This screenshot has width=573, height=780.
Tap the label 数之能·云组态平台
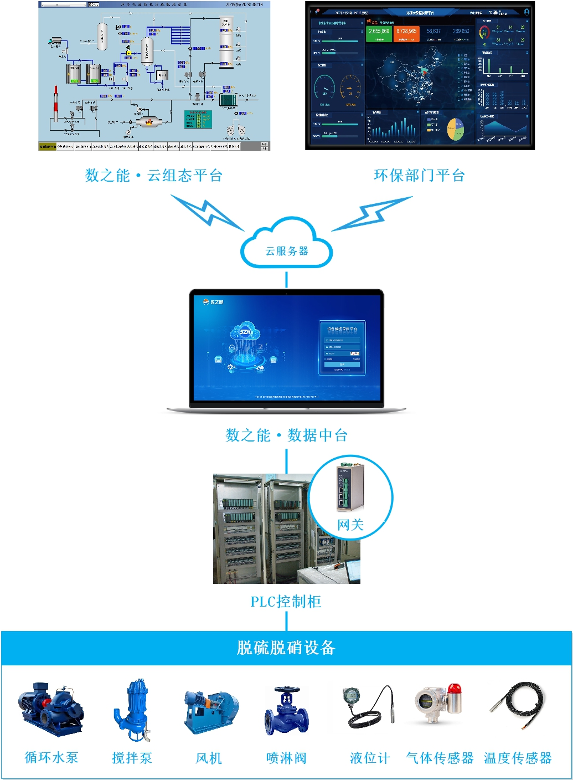pos(153,176)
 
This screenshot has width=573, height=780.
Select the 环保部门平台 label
pos(419,176)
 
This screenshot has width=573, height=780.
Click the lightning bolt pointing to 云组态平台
pos(207,213)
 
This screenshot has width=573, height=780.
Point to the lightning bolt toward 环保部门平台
pos(371,214)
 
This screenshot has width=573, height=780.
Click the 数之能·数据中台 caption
pos(286,435)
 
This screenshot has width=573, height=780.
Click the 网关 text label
pos(350,525)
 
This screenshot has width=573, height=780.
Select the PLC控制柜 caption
pos(286,602)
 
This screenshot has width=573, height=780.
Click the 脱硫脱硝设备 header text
pos(286,648)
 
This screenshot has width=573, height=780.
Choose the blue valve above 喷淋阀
pos(286,712)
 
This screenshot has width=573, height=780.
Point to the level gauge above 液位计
pos(368,706)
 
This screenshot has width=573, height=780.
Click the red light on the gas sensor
pos(455,689)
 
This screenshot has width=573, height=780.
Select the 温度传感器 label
pos(518,758)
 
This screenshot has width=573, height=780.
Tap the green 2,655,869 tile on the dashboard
pos(379,33)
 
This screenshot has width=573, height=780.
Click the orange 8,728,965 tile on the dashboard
pos(406,33)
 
